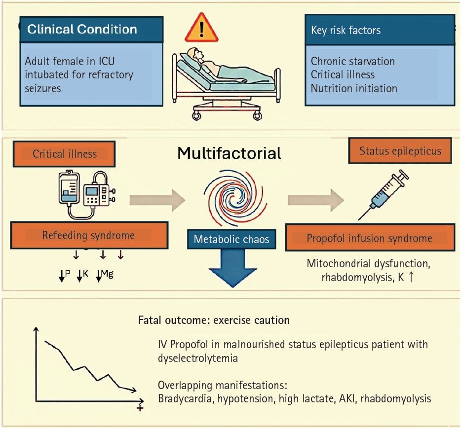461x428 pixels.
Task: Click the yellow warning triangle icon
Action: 201,29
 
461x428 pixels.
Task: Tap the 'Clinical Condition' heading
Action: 82,30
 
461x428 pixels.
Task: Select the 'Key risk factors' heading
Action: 346,30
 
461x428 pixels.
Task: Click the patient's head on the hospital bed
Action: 194,54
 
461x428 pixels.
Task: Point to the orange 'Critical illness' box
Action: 64,154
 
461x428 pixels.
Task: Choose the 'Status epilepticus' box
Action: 400,151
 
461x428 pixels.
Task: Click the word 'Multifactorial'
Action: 230,153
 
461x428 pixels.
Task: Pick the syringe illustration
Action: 383,194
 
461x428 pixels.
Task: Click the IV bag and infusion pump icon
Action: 87,194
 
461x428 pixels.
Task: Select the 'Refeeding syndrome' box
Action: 89,235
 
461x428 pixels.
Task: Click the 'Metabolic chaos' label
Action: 231,239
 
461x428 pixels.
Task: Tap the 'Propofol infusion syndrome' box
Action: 370,238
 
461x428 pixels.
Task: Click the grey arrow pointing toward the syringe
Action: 316,200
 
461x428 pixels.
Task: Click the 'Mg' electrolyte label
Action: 107,274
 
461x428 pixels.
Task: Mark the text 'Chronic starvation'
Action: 353,61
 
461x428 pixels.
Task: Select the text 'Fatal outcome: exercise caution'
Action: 214,320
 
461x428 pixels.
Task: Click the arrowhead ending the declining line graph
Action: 133,390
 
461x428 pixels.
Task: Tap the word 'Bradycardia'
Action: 186,398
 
